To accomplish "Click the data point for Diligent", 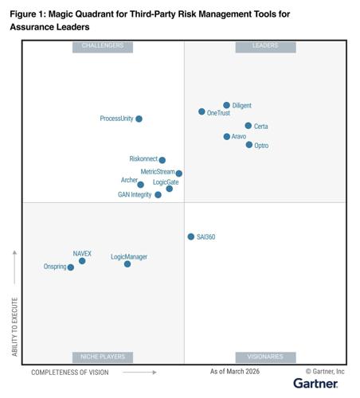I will pyautogui.click(x=226, y=105).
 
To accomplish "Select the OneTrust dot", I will pyautogui.click(x=202, y=112).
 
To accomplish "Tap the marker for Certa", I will pyautogui.click(x=248, y=126).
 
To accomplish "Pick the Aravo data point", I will pyautogui.click(x=226, y=137).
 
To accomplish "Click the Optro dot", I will pyautogui.click(x=248, y=145).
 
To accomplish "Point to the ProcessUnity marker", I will pyautogui.click(x=139, y=119).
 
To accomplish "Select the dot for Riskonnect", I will pyautogui.click(x=162, y=160).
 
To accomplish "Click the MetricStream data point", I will pyautogui.click(x=178, y=173).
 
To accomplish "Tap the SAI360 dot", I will pyautogui.click(x=190, y=236).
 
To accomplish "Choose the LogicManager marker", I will pyautogui.click(x=127, y=263).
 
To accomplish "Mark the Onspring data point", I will pyautogui.click(x=71, y=267).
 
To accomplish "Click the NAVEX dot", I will pyautogui.click(x=82, y=260).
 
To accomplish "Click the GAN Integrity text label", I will pyautogui.click(x=135, y=195).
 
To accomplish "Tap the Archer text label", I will pyautogui.click(x=129, y=181).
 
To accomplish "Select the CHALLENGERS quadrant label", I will pyautogui.click(x=103, y=46).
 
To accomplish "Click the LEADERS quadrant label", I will pyautogui.click(x=265, y=46).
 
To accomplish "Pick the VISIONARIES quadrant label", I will pyautogui.click(x=265, y=357).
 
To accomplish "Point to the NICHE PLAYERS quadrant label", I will pyautogui.click(x=103, y=357).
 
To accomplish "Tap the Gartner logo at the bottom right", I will pyautogui.click(x=315, y=384).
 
